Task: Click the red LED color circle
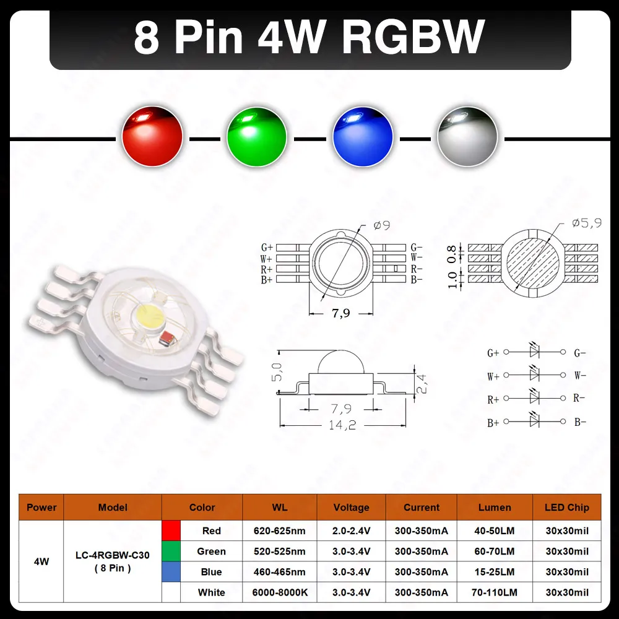coord(152,135)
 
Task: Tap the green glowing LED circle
coord(257,135)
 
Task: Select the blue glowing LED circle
coord(363,135)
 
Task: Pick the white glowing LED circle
coord(467,135)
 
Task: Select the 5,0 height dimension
coord(277,371)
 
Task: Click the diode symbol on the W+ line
coord(535,374)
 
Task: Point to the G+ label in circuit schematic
coord(493,353)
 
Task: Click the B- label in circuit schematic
coord(580,422)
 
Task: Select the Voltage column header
coord(351,508)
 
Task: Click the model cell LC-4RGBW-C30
coord(113,556)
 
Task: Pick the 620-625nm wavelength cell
coord(279,531)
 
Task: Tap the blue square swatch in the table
coord(171,572)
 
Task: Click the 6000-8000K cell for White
coord(279,592)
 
